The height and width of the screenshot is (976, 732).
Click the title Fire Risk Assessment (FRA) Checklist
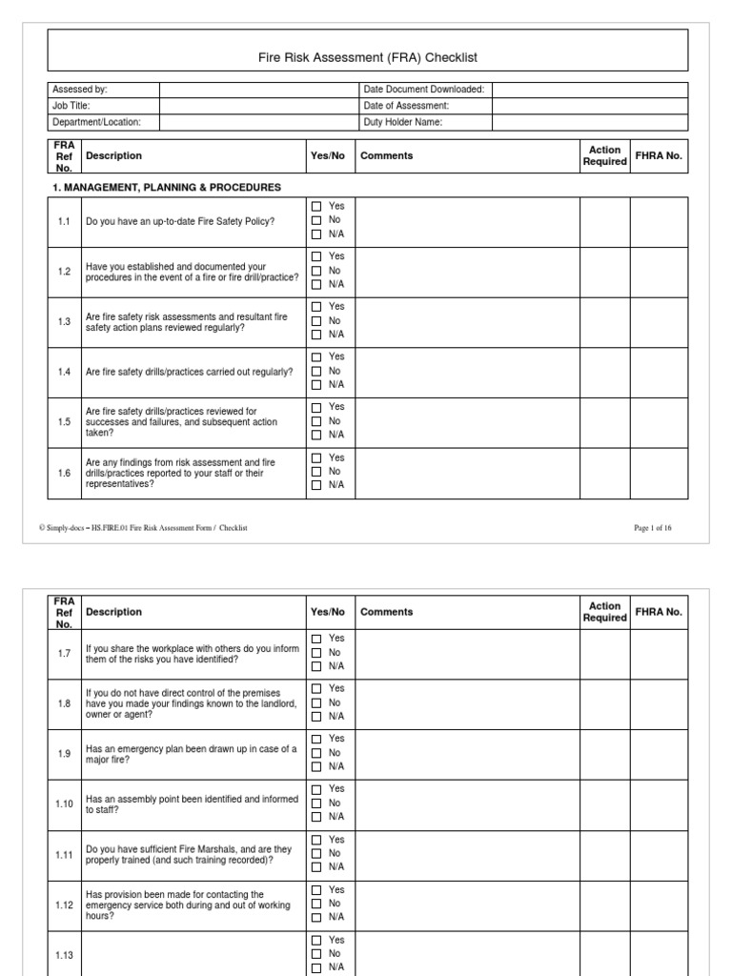pyautogui.click(x=367, y=58)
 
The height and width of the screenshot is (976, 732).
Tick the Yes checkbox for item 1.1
pyautogui.click(x=316, y=206)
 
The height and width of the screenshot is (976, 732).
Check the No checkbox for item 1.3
pyautogui.click(x=316, y=321)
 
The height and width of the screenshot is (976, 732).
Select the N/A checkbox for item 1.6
pyautogui.click(x=316, y=485)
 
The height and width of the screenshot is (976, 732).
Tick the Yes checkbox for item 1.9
pyautogui.click(x=316, y=739)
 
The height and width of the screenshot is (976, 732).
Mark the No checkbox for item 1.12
pyautogui.click(x=316, y=904)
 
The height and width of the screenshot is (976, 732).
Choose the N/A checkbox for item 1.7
pyautogui.click(x=316, y=666)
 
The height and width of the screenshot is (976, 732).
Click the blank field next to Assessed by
pyautogui.click(x=255, y=90)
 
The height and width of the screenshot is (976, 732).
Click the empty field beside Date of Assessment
pyautogui.click(x=589, y=106)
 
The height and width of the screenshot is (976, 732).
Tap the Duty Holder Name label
pyautogui.click(x=403, y=122)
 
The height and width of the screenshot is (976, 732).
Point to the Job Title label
pyautogui.click(x=71, y=106)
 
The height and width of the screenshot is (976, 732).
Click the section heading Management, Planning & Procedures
pyautogui.click(x=166, y=187)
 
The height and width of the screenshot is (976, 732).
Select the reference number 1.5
pyautogui.click(x=64, y=421)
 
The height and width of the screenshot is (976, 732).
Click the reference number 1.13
pyautogui.click(x=64, y=953)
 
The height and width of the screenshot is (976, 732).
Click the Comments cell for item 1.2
pyautogui.click(x=467, y=272)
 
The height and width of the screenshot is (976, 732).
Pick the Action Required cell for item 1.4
pyautogui.click(x=604, y=372)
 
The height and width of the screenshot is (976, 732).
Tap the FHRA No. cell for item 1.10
pyautogui.click(x=659, y=803)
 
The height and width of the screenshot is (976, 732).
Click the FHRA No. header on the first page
pyautogui.click(x=659, y=155)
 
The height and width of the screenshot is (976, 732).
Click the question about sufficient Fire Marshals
pyautogui.click(x=189, y=854)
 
